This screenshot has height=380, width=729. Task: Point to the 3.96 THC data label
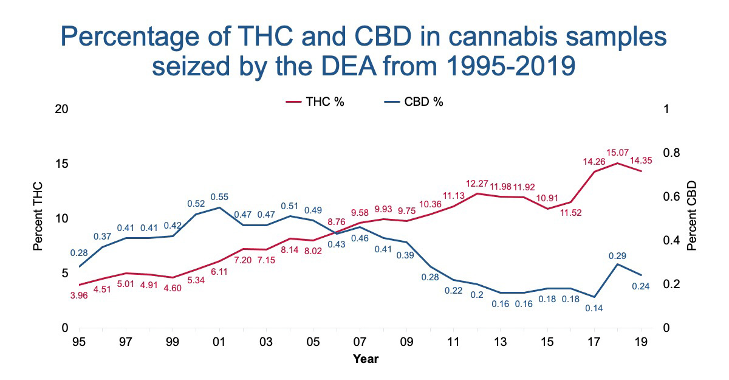click(80, 296)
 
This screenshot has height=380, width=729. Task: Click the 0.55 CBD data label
click(219, 197)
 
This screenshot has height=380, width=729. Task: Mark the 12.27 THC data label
click(478, 183)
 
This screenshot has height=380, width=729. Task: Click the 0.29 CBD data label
click(618, 255)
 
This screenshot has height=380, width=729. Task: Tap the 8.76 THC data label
click(336, 223)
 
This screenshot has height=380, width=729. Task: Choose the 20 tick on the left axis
click(61, 109)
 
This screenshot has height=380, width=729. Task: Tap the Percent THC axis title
click(38, 219)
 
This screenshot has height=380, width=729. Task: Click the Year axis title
click(366, 359)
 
